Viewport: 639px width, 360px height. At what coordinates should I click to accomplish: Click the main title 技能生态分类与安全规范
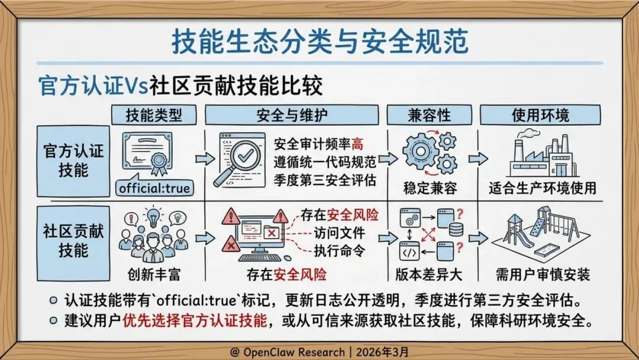pos(319,42)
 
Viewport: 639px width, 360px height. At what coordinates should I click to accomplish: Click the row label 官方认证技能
pos(73,160)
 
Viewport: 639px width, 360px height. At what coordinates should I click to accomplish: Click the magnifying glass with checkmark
pos(243,157)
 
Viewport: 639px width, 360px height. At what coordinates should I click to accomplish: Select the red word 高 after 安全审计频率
pos(357,143)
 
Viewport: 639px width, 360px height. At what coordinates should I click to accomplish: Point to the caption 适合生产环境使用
pos(542,189)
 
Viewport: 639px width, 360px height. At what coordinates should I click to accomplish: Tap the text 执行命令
pos(339,250)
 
